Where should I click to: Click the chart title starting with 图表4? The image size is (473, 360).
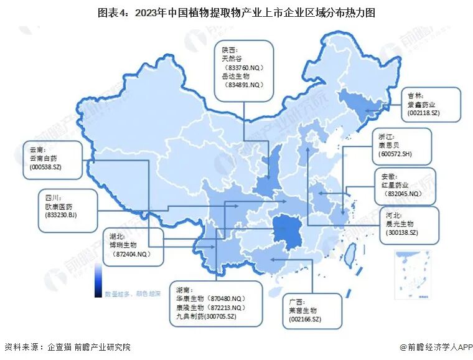tap(236, 12)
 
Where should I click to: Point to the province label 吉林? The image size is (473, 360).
tap(414, 95)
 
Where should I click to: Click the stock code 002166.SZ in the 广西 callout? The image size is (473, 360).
tap(304, 320)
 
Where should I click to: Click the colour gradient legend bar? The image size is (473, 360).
tap(98, 280)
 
